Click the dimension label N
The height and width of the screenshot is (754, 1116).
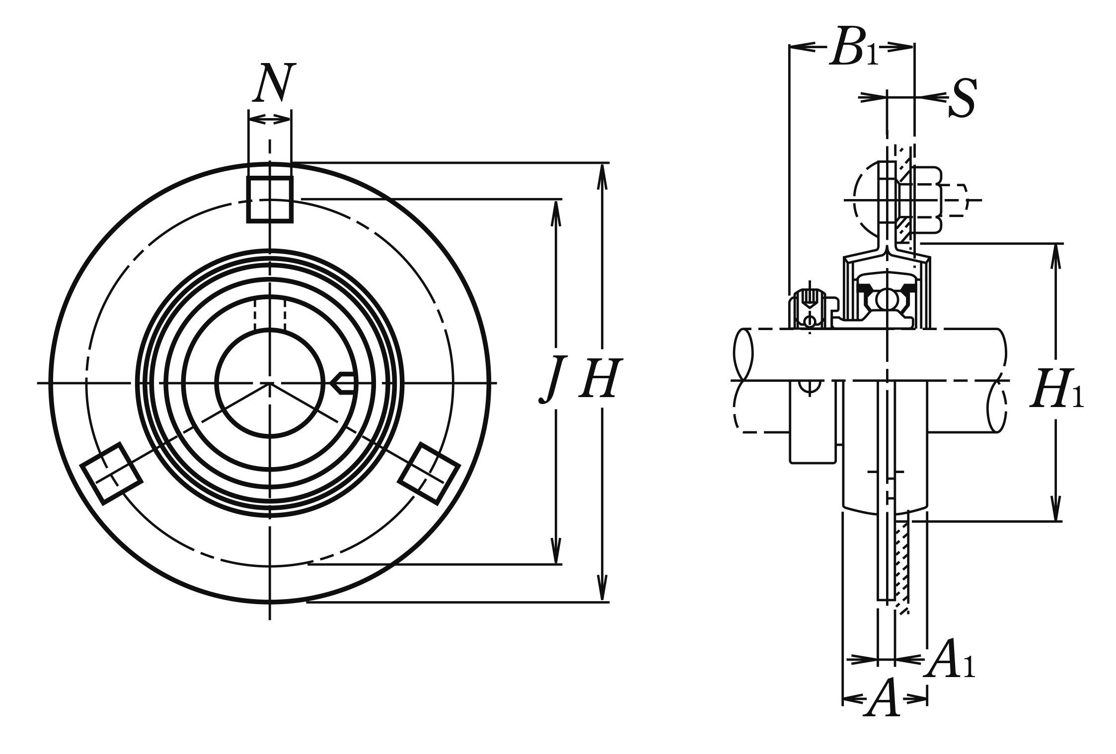pos(274,82)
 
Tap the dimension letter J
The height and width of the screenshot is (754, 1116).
pos(553,379)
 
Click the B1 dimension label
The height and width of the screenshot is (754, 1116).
pos(854,47)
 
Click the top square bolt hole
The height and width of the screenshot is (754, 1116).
pos(270,199)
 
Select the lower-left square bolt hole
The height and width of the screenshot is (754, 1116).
pos(111,473)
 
